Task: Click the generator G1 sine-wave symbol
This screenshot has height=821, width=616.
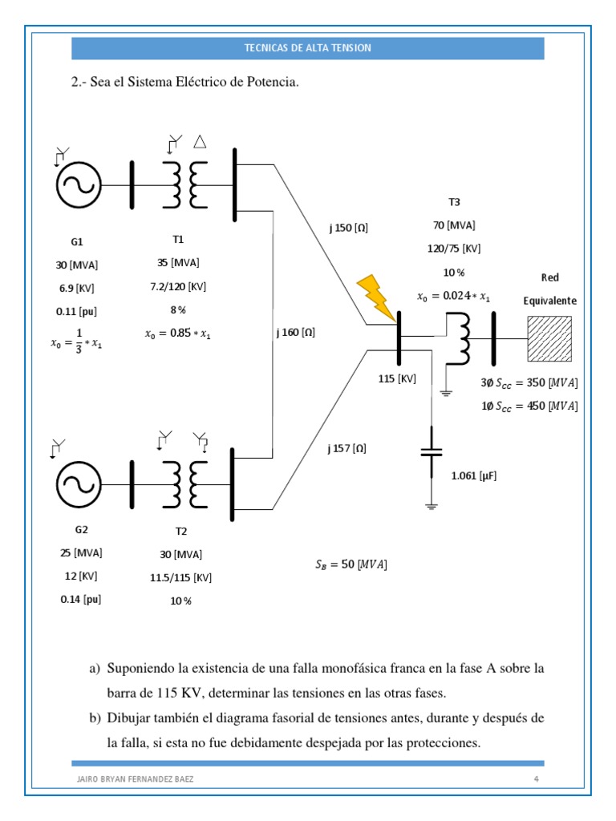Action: tap(79, 185)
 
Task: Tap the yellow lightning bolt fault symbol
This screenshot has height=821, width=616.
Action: tap(375, 296)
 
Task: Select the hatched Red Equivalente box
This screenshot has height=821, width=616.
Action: tap(549, 338)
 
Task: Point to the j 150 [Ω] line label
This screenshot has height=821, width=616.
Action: tap(348, 228)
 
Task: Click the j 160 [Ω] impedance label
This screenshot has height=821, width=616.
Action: tap(295, 333)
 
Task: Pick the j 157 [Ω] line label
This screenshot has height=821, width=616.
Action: tap(346, 448)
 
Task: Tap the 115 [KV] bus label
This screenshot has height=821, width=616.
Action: tap(397, 378)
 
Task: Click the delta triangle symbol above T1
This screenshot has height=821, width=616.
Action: tap(201, 142)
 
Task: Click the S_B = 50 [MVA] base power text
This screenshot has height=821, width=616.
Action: tap(351, 564)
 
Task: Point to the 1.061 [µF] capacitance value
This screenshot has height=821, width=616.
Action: tap(474, 475)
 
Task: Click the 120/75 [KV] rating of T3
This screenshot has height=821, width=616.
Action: tap(455, 249)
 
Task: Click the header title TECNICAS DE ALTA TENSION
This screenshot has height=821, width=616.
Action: tap(307, 48)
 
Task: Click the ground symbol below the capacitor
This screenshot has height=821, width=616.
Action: tap(432, 505)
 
